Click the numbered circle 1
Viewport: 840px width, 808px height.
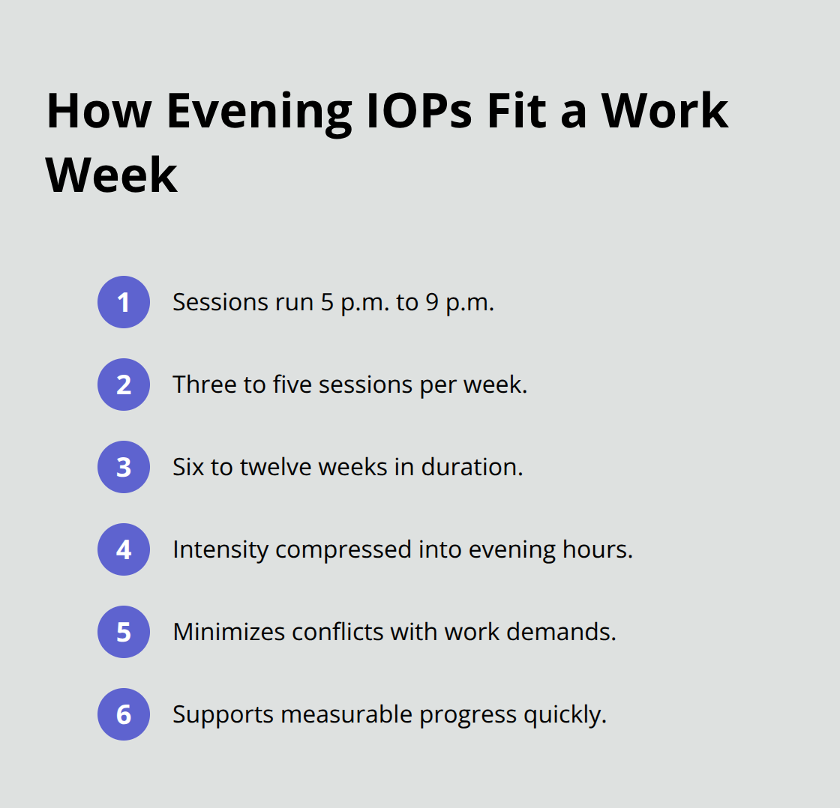tap(124, 302)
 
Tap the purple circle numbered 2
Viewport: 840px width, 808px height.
tap(124, 385)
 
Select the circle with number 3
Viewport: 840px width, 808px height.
tap(124, 467)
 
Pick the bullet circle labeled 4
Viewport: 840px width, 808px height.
tap(124, 549)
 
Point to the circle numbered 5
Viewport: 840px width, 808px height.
tap(124, 632)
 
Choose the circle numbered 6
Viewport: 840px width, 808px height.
tap(124, 714)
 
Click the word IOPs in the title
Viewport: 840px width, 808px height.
tap(419, 111)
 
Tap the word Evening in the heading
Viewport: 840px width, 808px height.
tap(259, 114)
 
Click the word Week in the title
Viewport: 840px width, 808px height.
tap(112, 175)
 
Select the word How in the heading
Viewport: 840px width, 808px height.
tap(99, 111)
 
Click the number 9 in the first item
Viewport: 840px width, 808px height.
tap(432, 302)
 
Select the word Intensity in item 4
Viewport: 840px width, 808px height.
tap(220, 550)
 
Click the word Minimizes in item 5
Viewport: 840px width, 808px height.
tap(229, 632)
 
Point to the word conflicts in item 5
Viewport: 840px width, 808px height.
tap(337, 632)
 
